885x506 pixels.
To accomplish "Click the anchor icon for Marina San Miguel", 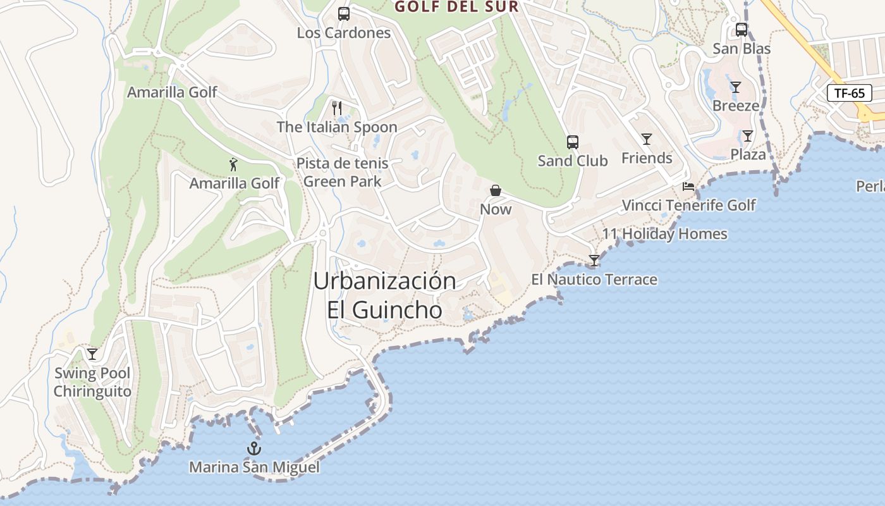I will [253, 449].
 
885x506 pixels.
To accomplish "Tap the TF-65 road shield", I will [849, 94].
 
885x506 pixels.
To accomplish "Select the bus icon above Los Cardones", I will [344, 14].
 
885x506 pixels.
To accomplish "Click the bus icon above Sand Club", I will [573, 142].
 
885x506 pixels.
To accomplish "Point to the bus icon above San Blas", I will [742, 30].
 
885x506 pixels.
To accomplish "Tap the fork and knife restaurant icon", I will [337, 108].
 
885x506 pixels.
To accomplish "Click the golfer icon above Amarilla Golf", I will [234, 165].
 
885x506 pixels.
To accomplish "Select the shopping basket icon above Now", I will [496, 190].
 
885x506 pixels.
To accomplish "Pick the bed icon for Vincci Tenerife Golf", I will [688, 187].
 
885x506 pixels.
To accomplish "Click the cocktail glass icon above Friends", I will [646, 139].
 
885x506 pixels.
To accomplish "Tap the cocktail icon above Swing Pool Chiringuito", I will [92, 354].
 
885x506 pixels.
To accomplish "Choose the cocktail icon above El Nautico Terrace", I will [594, 261].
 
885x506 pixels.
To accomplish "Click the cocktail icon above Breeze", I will [735, 87].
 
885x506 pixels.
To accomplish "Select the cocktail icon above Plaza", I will [748, 136].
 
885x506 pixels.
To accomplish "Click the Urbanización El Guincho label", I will [384, 295].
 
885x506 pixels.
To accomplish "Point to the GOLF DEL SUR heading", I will [456, 7].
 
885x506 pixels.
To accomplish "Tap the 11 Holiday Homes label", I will [664, 234].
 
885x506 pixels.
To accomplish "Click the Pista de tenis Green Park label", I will [342, 173].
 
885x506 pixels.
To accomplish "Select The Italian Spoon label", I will [337, 127].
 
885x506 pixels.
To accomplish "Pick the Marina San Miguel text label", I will [254, 467].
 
